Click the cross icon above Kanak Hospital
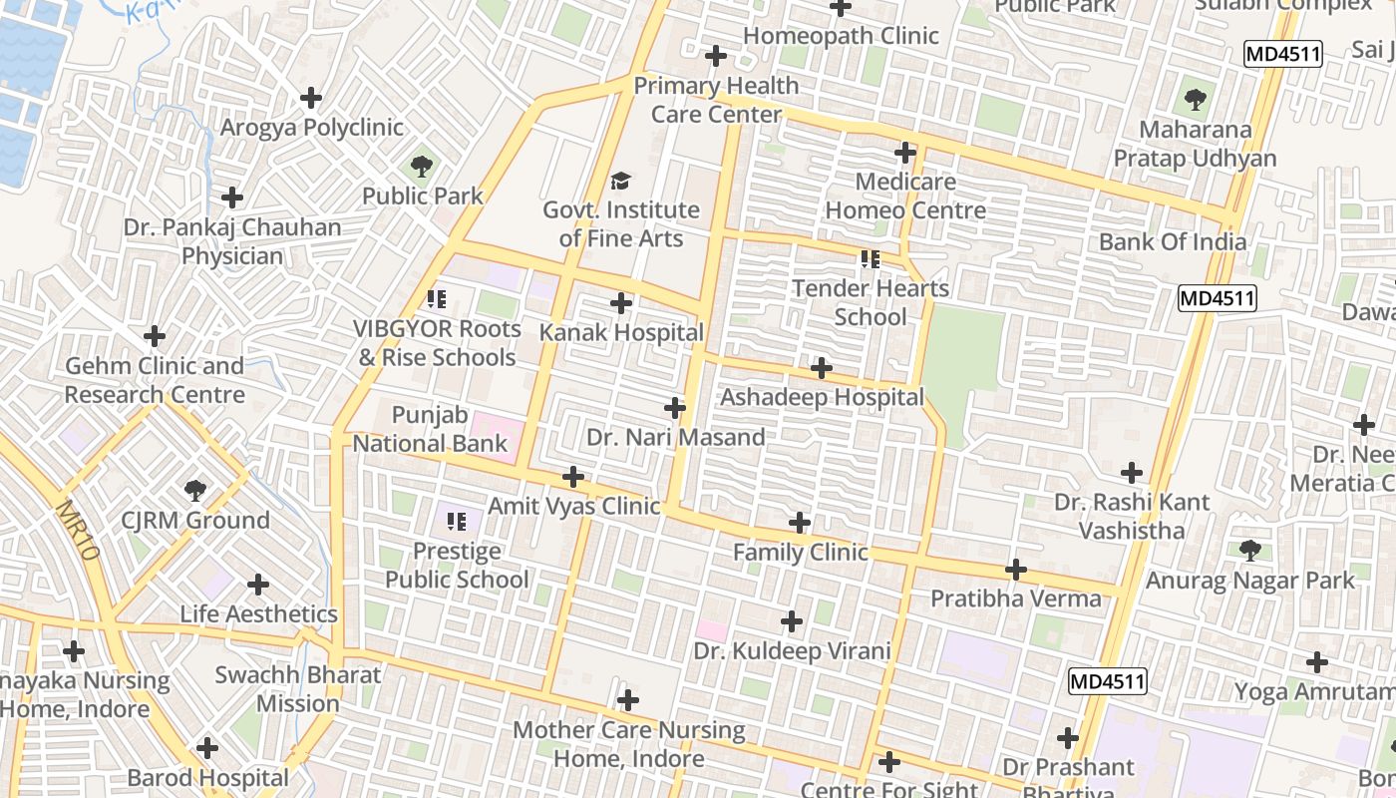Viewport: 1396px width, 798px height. (x=621, y=303)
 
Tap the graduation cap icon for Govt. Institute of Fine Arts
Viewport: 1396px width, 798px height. (x=621, y=181)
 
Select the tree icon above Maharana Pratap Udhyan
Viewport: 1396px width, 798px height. (x=1195, y=100)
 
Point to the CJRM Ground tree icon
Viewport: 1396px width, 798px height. (x=195, y=490)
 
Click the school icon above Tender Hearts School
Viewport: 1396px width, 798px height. (x=871, y=259)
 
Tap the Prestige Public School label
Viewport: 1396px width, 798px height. (x=457, y=565)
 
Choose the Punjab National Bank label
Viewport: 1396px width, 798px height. (x=431, y=429)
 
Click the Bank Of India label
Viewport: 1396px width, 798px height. (x=1172, y=241)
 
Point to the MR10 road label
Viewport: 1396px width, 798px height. (x=78, y=529)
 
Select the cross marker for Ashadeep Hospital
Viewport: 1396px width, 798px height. (x=822, y=368)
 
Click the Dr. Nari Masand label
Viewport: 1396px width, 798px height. (x=675, y=437)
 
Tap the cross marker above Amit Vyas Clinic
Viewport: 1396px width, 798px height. (x=573, y=477)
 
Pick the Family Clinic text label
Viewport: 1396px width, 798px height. (x=800, y=553)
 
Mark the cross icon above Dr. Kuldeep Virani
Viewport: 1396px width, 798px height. (x=792, y=621)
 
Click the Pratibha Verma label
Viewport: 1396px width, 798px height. (x=1015, y=598)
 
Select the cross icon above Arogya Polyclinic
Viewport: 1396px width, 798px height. (x=311, y=98)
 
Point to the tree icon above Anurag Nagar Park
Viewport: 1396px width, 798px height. (x=1249, y=550)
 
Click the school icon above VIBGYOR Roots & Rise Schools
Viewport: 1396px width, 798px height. (x=436, y=298)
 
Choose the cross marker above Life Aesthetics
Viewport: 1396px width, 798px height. (x=258, y=584)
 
